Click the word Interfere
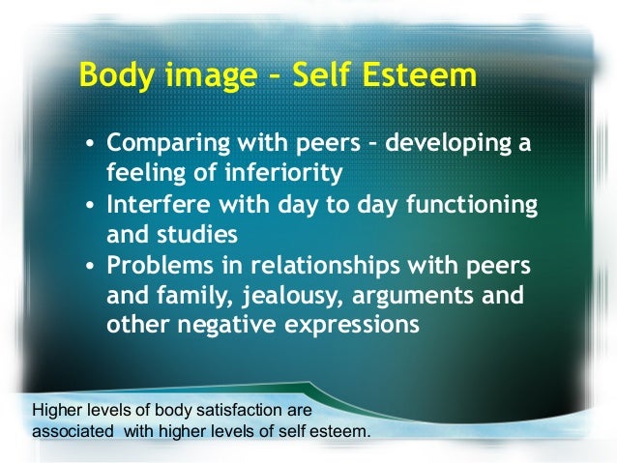[x=156, y=205]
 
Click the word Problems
[x=156, y=265]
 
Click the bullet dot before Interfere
[x=89, y=207]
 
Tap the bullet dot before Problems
[x=89, y=267]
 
